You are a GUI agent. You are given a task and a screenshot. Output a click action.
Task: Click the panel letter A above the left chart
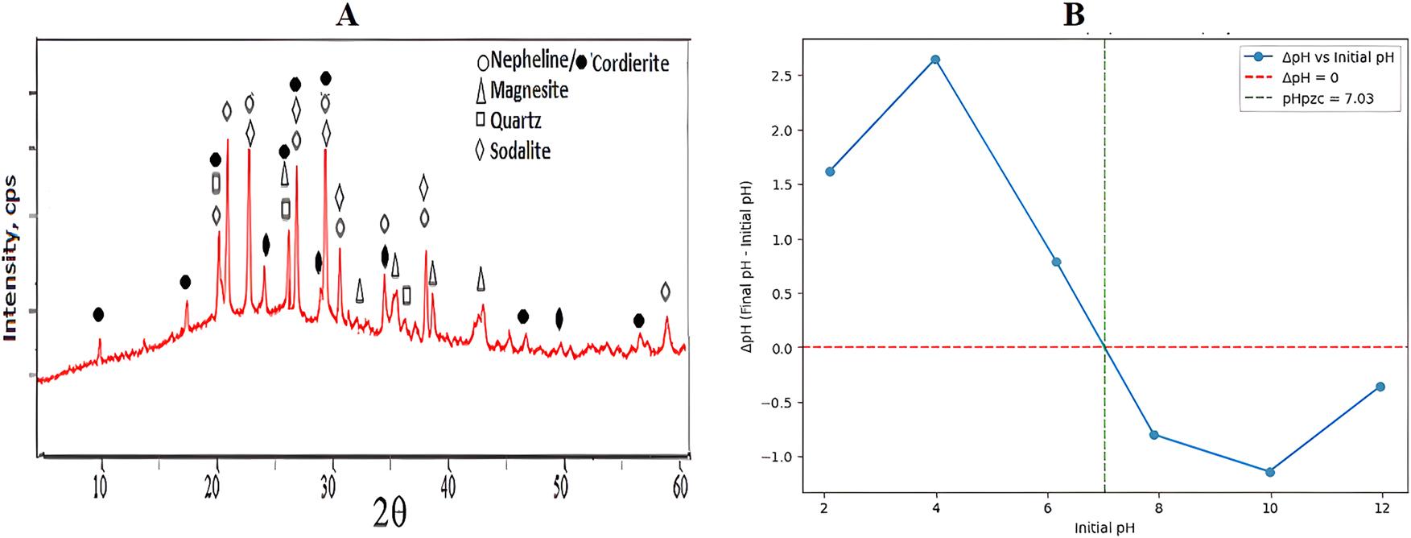pos(347,14)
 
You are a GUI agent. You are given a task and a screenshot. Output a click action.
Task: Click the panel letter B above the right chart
pos(1074,14)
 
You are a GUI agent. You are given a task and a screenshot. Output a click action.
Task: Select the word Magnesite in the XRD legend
pos(529,90)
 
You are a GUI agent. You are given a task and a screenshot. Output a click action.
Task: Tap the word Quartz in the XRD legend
pos(515,121)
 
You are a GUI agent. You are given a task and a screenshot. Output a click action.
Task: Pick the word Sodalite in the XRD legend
pos(520,150)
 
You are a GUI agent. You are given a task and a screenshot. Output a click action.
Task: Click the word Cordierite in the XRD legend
pos(630,63)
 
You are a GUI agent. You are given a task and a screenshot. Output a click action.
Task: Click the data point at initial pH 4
pos(935,60)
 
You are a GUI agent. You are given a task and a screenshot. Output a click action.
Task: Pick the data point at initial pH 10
pos(1270,472)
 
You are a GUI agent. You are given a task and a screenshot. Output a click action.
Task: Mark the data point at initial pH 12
pos(1380,387)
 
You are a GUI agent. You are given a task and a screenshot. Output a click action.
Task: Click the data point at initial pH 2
pos(830,172)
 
